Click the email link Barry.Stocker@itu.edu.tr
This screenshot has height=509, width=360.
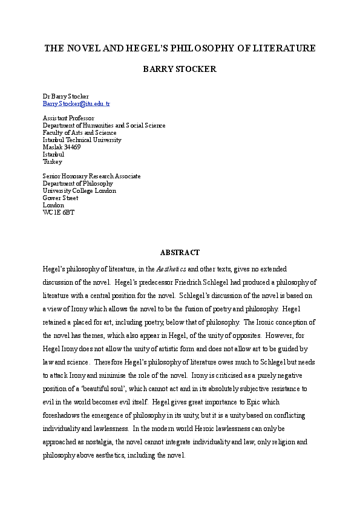coord(76,104)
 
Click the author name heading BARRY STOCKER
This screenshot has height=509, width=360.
coord(179,70)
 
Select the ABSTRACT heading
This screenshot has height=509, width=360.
coord(180,252)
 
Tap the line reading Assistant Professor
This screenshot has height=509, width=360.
coord(68,118)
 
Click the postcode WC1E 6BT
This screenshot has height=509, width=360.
coord(59,212)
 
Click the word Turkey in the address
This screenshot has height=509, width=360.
coord(52,161)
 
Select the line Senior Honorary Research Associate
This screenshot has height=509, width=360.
coord(91,176)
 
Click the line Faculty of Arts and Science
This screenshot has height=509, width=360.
coord(79,132)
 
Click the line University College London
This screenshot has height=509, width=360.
coord(79,190)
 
